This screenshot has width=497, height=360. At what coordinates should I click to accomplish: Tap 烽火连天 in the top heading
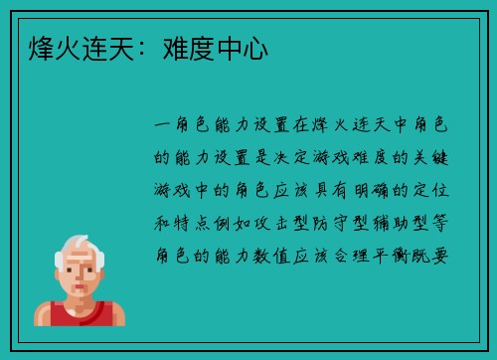[75, 48]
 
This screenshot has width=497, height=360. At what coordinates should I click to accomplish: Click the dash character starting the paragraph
[165, 126]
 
